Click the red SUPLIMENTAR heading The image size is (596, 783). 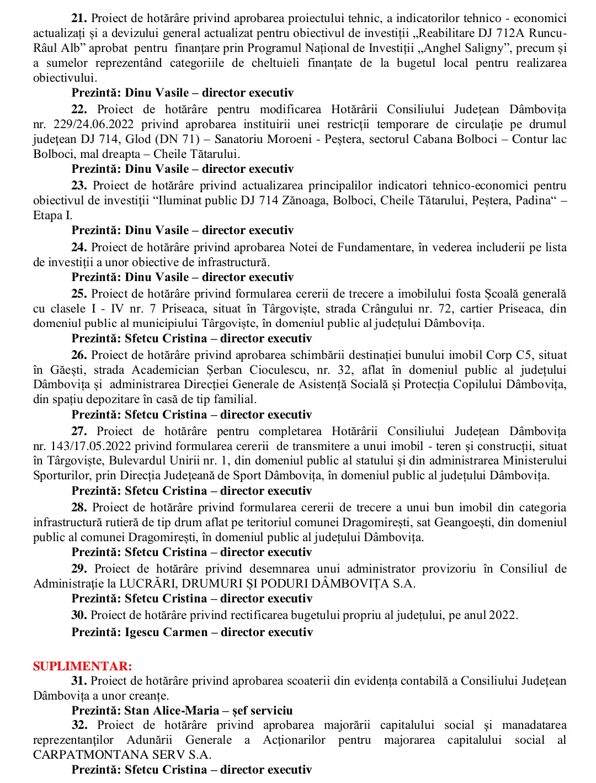83,666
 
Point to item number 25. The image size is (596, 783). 79,294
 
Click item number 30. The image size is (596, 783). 79,615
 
